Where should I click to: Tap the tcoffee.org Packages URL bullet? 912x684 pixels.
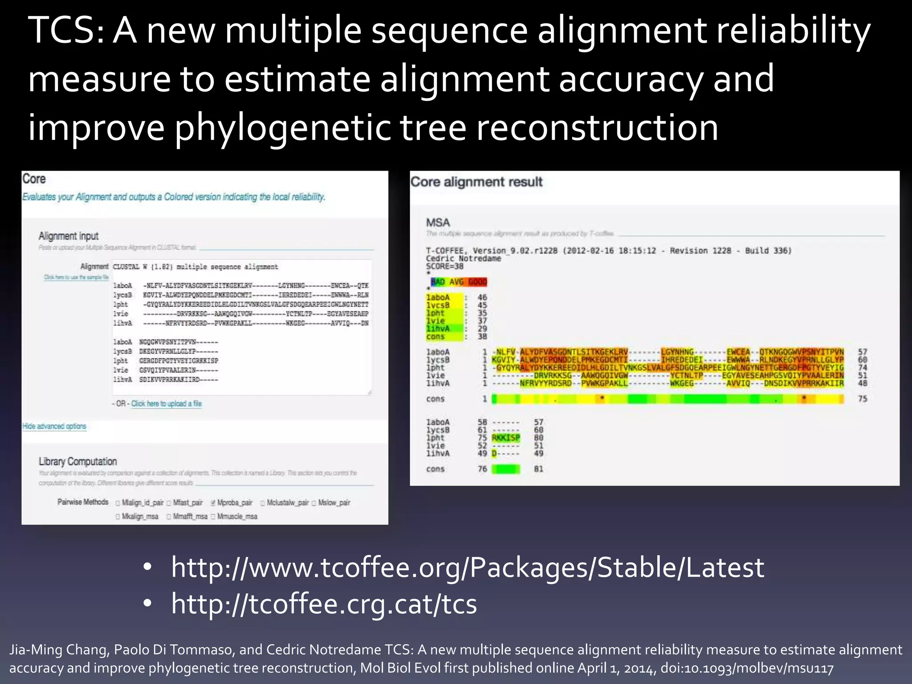coord(468,568)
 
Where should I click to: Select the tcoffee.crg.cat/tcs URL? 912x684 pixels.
coord(324,604)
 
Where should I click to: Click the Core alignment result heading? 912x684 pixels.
coord(476,182)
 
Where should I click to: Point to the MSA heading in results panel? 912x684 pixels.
coord(438,223)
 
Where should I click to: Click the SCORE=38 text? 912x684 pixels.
coord(444,266)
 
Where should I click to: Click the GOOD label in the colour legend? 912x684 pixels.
coord(477,282)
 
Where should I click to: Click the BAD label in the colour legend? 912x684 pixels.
coord(438,282)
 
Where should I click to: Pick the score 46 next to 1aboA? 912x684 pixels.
coord(482,297)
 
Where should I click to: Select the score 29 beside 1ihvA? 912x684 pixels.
coord(482,329)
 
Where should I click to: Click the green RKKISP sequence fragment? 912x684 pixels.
coord(505,438)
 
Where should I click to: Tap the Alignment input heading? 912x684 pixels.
coord(68,236)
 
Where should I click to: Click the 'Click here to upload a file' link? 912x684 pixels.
coord(166,404)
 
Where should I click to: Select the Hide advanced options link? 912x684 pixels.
coord(54,426)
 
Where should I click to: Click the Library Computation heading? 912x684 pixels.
coord(77,462)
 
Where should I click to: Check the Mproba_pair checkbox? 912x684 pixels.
coord(213,503)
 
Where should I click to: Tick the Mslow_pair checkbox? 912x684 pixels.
coord(314,503)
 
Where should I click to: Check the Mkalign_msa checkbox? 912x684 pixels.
coord(118,517)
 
